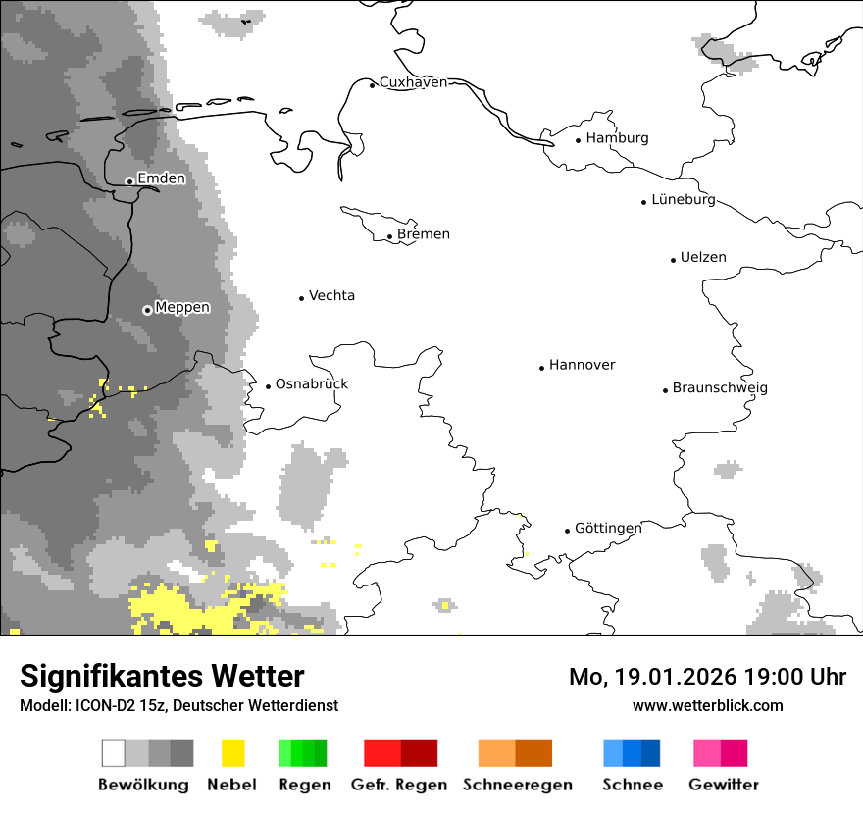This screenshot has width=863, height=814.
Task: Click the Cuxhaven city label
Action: [413, 82]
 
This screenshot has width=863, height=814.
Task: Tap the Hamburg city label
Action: [617, 138]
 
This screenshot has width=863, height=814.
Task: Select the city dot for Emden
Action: [129, 180]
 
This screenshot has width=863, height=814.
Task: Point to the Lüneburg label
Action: [684, 199]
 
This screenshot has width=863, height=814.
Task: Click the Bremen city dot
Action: [389, 236]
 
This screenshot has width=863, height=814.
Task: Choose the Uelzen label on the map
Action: [704, 257]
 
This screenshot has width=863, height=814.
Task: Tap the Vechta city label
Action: [331, 295]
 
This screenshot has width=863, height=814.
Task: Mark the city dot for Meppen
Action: [147, 310]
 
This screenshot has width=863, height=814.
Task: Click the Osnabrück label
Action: [312, 383]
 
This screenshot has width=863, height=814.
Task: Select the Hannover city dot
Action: [541, 368]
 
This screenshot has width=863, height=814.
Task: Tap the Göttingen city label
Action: [608, 528]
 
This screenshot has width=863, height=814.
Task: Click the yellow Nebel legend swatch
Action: [233, 753]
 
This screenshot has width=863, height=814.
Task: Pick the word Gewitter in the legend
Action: [724, 785]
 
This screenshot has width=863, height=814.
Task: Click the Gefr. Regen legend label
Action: [399, 785]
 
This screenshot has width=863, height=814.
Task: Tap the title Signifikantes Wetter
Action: [162, 676]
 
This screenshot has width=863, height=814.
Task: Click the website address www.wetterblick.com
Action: [708, 705]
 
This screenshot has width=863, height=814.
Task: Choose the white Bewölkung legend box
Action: [114, 753]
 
